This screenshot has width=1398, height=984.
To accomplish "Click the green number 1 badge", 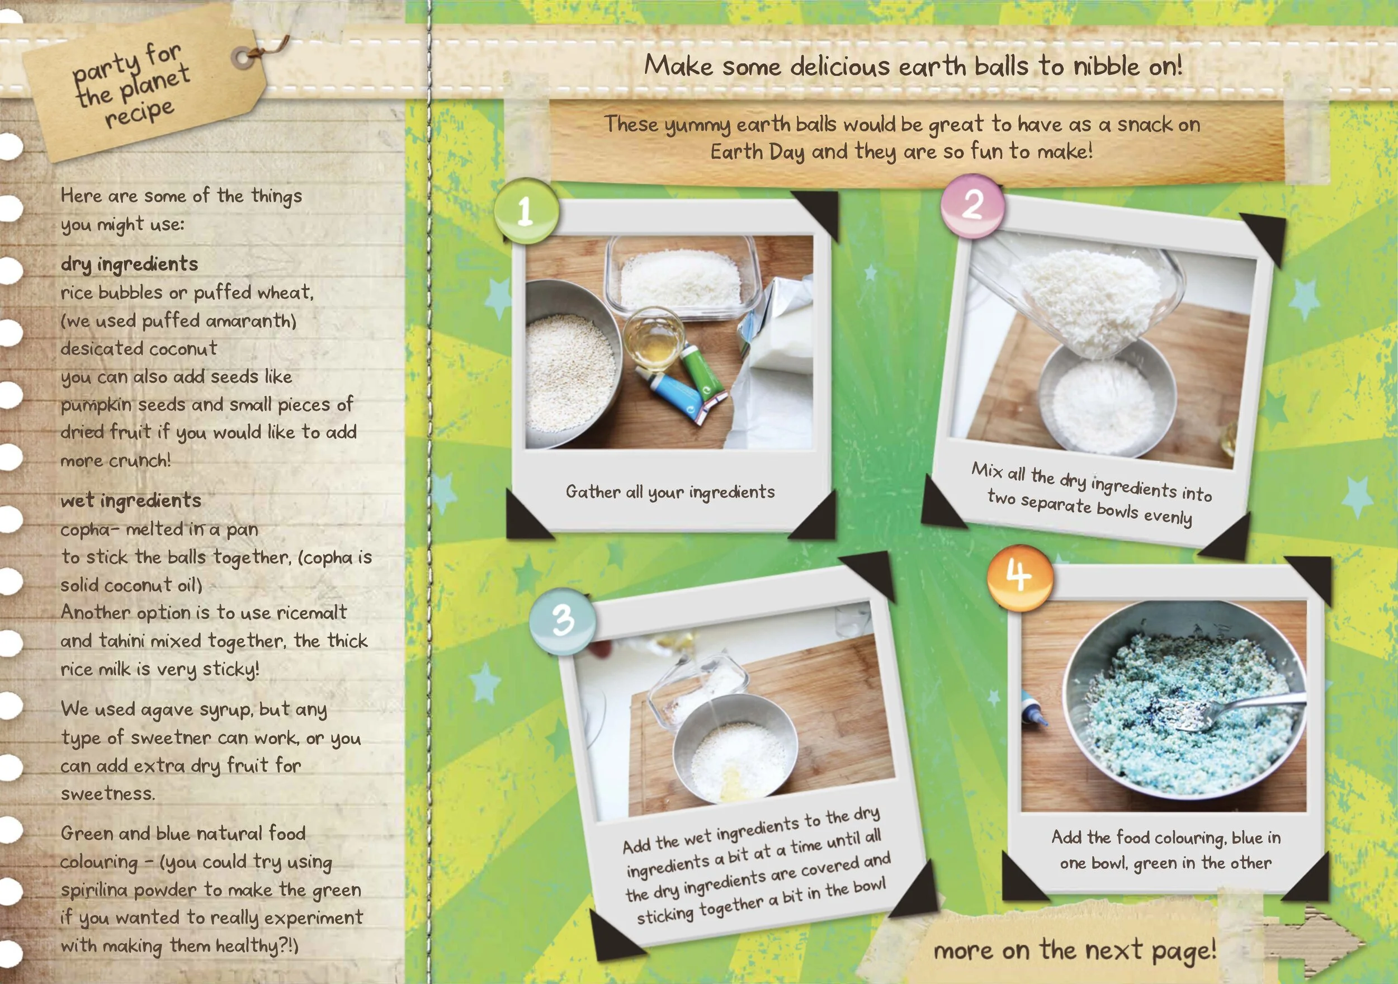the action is pyautogui.click(x=526, y=211).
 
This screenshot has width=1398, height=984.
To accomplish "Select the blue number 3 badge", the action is pyautogui.click(x=562, y=621).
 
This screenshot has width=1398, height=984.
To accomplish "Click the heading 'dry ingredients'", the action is pyautogui.click(x=129, y=264).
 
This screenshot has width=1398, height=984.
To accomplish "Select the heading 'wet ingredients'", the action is pyautogui.click(x=130, y=500).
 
